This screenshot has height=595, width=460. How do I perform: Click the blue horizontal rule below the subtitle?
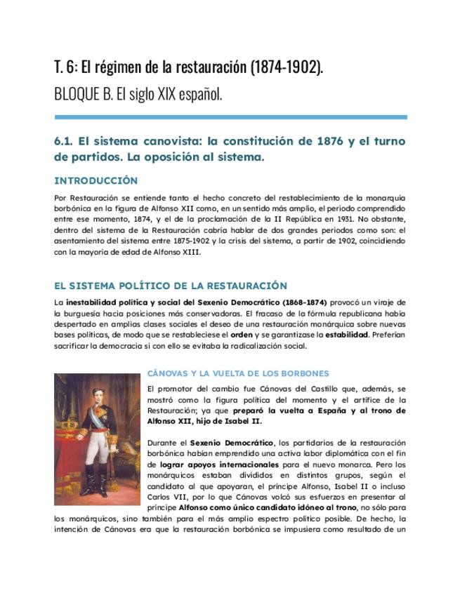tap(230, 116)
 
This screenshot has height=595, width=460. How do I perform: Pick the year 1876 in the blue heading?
tap(319, 141)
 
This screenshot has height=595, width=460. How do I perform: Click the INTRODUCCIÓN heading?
tap(96, 181)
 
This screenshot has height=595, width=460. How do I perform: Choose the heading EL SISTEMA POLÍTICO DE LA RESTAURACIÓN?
tap(171, 286)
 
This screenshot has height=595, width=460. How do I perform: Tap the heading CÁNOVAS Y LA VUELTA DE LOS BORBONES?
tap(238, 373)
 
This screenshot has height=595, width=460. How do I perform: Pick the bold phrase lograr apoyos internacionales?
tap(218, 464)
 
